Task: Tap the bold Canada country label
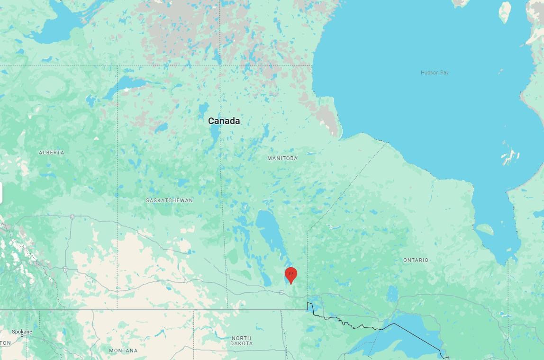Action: tap(224, 121)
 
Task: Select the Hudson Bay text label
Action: tap(435, 72)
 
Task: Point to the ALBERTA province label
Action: tap(52, 153)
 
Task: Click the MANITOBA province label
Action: tap(282, 158)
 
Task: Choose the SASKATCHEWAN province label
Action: tap(169, 200)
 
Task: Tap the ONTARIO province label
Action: tap(416, 260)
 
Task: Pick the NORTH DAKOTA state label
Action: tap(242, 341)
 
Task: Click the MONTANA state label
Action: tap(123, 351)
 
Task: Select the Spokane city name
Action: tap(22, 332)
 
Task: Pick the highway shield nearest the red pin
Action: tap(282, 293)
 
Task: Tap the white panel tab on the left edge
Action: tap(1, 193)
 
